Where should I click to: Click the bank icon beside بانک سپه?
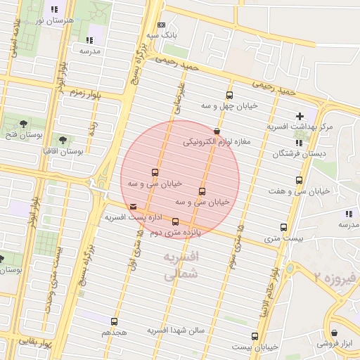click(161, 24)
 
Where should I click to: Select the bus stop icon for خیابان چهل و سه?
click(229, 96)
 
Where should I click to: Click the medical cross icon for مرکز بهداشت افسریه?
click(300, 116)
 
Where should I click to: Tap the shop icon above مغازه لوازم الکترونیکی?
click(216, 131)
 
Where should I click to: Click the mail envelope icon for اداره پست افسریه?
click(134, 206)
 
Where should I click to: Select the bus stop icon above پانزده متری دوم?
click(176, 221)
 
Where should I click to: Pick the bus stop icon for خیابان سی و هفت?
click(300, 181)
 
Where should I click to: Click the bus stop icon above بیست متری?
click(284, 227)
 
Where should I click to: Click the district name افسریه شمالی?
click(181, 266)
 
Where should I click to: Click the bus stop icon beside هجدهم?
click(115, 321)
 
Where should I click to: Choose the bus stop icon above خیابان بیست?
click(255, 336)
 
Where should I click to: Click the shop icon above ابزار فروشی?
click(334, 333)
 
